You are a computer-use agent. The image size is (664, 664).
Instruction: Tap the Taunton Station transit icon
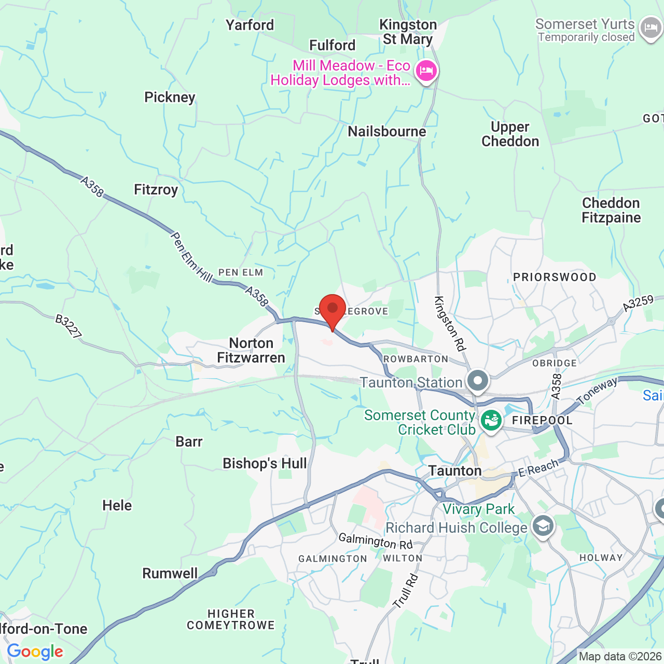478,381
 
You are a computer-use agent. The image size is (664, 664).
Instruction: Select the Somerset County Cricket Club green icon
491,420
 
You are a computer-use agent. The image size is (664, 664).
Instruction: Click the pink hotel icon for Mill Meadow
426,71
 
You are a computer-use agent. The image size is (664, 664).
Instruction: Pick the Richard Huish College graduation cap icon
543,527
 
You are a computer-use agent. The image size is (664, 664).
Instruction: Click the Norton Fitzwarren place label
251,351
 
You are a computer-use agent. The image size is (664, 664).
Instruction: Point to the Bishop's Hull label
265,463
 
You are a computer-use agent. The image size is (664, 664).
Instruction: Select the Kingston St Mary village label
408,32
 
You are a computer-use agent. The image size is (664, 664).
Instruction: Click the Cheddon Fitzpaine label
611,210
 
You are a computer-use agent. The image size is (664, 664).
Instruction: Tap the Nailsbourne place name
387,132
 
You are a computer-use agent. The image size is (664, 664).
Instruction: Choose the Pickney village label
170,98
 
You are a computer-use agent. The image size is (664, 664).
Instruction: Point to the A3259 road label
638,303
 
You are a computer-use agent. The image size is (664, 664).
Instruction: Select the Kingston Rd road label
450,324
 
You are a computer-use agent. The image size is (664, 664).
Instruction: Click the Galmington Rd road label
376,541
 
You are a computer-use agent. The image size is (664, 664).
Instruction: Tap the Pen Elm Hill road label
191,257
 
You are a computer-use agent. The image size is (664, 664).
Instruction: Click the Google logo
35,652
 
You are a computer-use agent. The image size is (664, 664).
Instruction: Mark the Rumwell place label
170,573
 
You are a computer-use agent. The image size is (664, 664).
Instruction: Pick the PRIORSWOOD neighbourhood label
555,277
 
